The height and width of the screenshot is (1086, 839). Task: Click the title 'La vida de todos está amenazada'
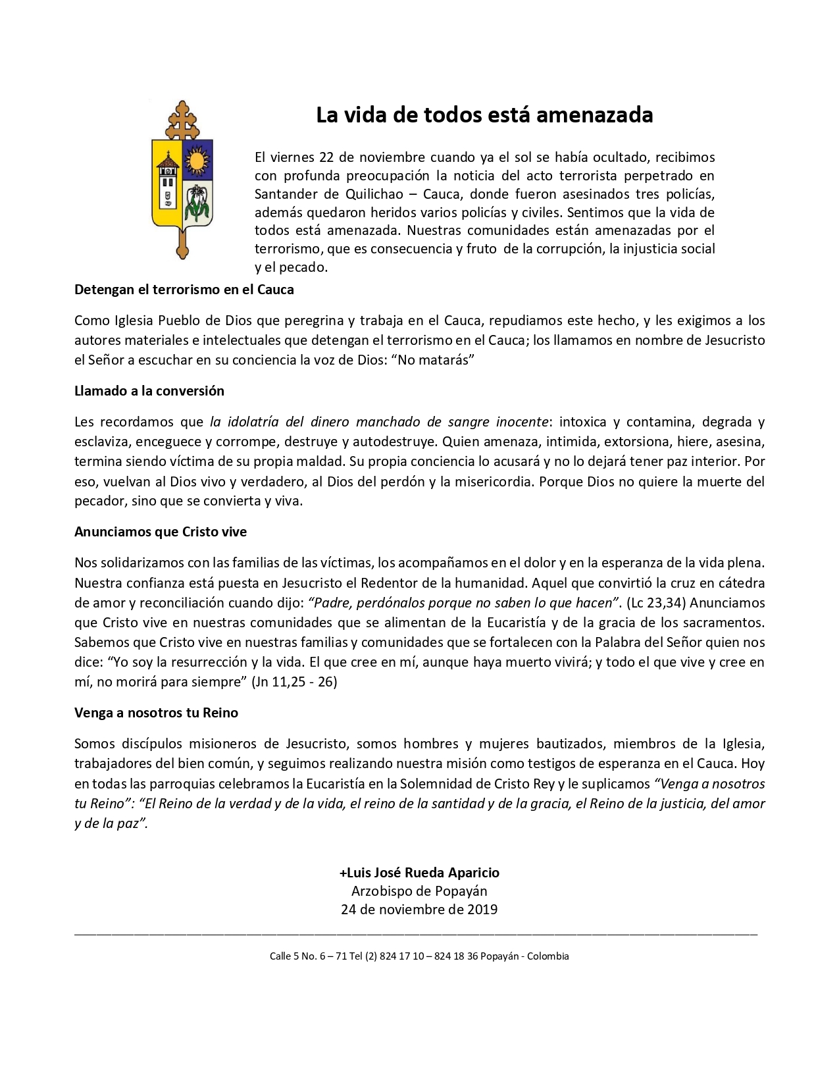click(x=484, y=115)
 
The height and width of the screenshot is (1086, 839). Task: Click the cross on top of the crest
click(x=182, y=119)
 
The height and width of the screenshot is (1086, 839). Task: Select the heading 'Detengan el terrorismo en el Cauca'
click(x=184, y=290)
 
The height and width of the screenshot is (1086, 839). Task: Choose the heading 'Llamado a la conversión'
click(x=149, y=391)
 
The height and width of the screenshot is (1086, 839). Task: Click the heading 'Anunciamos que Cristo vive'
click(x=161, y=532)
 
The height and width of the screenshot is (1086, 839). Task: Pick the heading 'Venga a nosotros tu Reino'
click(x=156, y=713)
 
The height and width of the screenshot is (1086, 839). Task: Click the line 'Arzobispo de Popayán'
click(x=419, y=891)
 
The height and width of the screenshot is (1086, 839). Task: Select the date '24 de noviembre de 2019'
click(x=419, y=910)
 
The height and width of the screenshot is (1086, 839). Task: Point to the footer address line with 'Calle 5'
click(x=419, y=956)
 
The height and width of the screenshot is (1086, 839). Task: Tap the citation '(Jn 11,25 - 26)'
click(x=294, y=682)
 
